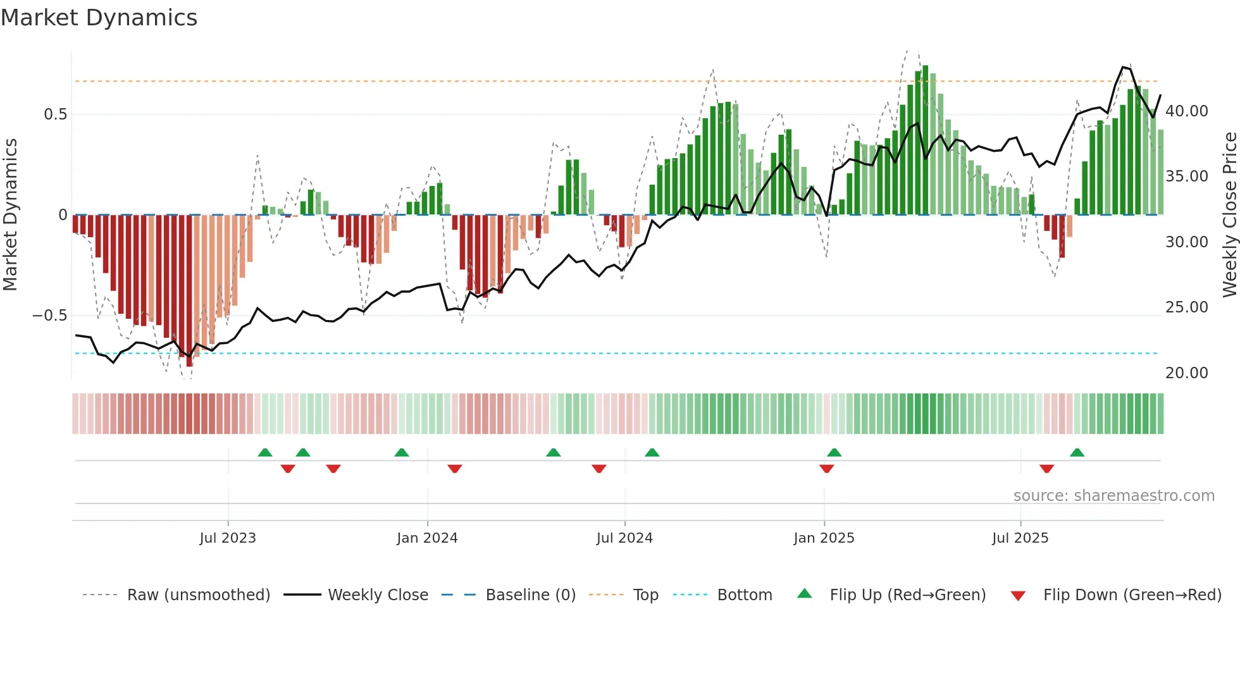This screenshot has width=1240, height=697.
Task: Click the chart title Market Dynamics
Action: click(99, 18)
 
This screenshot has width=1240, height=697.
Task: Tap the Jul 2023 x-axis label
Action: click(228, 538)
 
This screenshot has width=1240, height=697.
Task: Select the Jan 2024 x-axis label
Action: click(427, 538)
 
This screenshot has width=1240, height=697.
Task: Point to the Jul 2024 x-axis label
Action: click(624, 538)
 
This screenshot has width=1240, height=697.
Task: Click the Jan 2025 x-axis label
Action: click(824, 538)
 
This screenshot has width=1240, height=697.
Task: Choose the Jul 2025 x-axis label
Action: click(1020, 538)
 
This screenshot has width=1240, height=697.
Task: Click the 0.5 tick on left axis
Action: click(55, 114)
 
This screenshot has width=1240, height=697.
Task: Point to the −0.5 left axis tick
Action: click(49, 316)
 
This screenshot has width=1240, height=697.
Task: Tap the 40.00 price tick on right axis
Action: click(1187, 111)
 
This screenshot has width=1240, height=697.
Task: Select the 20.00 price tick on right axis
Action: click(1187, 373)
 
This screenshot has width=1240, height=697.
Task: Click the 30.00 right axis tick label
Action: click(1187, 242)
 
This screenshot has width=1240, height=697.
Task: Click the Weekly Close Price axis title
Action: click(1229, 214)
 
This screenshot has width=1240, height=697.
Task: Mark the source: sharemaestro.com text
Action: click(1113, 496)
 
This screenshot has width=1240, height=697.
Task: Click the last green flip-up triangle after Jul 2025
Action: click(1077, 453)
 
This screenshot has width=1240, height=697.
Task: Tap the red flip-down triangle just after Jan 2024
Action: click(454, 469)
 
